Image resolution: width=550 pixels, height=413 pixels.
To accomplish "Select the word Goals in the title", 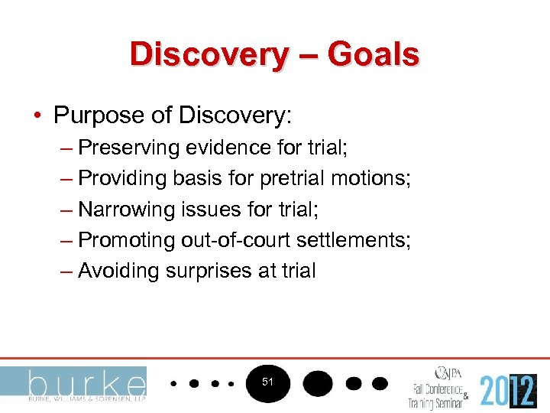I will point(374,54).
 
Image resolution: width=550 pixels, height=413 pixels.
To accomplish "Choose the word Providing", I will point(124,178).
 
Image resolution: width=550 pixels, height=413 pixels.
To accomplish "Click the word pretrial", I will point(292,178).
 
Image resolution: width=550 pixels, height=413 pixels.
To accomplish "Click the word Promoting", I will point(127,240).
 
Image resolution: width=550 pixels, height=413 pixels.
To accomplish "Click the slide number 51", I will point(267,381).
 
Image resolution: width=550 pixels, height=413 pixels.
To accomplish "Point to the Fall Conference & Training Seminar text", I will point(440,394).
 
